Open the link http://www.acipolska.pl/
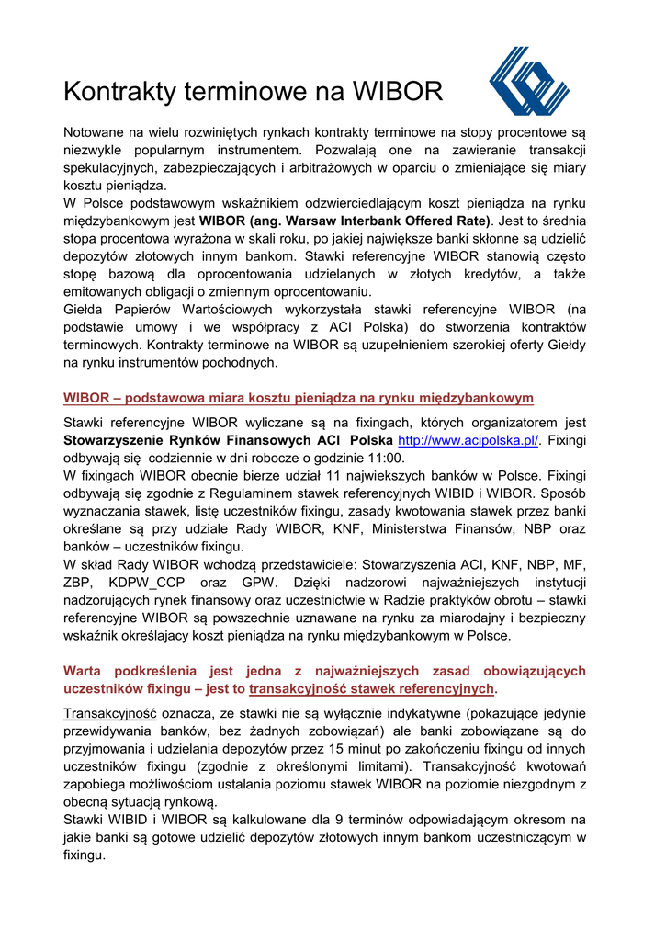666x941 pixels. click(468, 441)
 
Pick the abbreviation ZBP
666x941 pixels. click(79, 583)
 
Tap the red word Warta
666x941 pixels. click(85, 671)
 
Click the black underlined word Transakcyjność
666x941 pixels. click(110, 713)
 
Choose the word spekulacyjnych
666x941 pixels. click(109, 168)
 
